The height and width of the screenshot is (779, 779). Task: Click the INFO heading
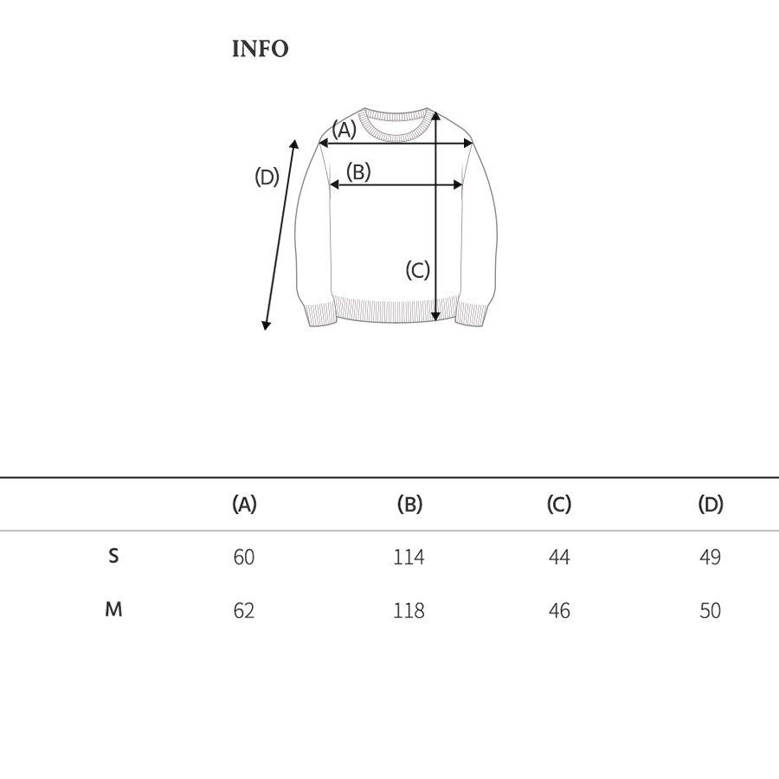tap(260, 48)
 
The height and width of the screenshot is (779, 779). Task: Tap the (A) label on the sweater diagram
tap(344, 129)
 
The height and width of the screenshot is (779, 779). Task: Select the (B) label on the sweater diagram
tap(358, 172)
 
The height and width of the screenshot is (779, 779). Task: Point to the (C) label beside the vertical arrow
tap(417, 270)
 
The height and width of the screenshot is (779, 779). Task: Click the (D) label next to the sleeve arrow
tap(267, 177)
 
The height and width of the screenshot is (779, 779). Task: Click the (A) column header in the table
tap(244, 504)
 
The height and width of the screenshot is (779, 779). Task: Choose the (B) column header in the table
tap(409, 504)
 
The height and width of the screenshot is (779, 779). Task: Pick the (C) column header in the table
tap(559, 504)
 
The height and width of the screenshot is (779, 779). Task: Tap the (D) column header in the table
tap(711, 504)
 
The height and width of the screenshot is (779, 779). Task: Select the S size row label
tap(113, 556)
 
